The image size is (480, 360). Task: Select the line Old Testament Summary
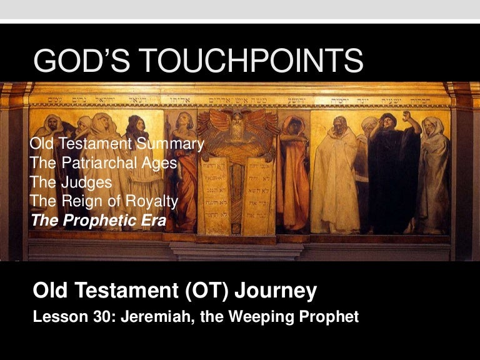tap(117, 144)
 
